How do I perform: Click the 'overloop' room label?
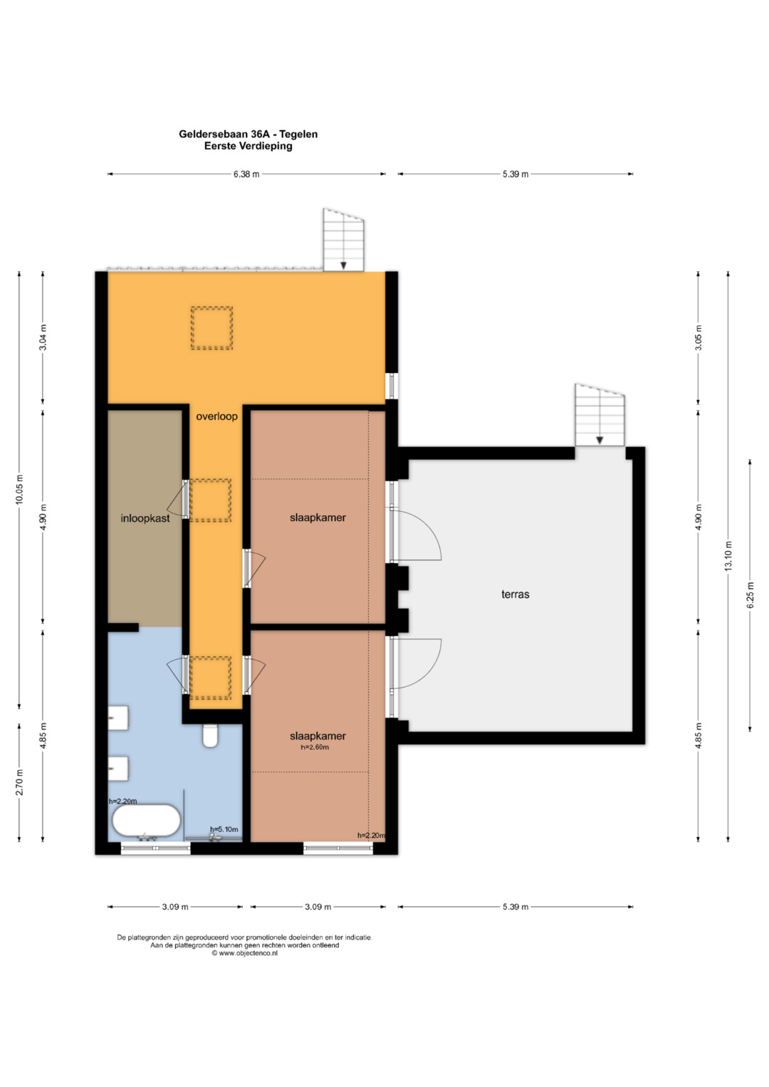(x=216, y=416)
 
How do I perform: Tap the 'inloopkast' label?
(x=145, y=518)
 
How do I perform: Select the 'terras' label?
(x=515, y=594)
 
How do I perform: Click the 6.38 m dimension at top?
(x=246, y=174)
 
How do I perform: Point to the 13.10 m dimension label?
(x=728, y=556)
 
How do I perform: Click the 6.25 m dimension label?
(x=750, y=595)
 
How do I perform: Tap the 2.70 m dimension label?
(x=20, y=782)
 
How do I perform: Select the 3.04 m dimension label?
(x=43, y=337)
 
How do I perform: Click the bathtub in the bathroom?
(x=147, y=821)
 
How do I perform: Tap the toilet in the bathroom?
(x=210, y=735)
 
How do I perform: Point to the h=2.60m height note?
(x=315, y=747)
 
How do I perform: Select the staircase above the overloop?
(x=344, y=240)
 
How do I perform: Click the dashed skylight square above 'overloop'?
(x=211, y=328)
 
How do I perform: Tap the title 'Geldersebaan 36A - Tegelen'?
(x=248, y=134)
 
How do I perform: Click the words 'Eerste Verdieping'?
(x=248, y=146)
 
